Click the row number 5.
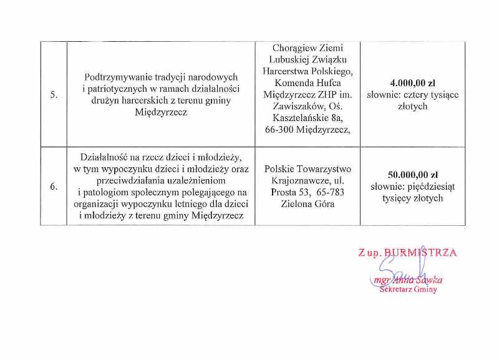coord(54,95)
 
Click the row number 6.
coord(54,186)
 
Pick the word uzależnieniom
coord(199,180)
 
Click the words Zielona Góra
coord(308,204)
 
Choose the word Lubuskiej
coord(281,60)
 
